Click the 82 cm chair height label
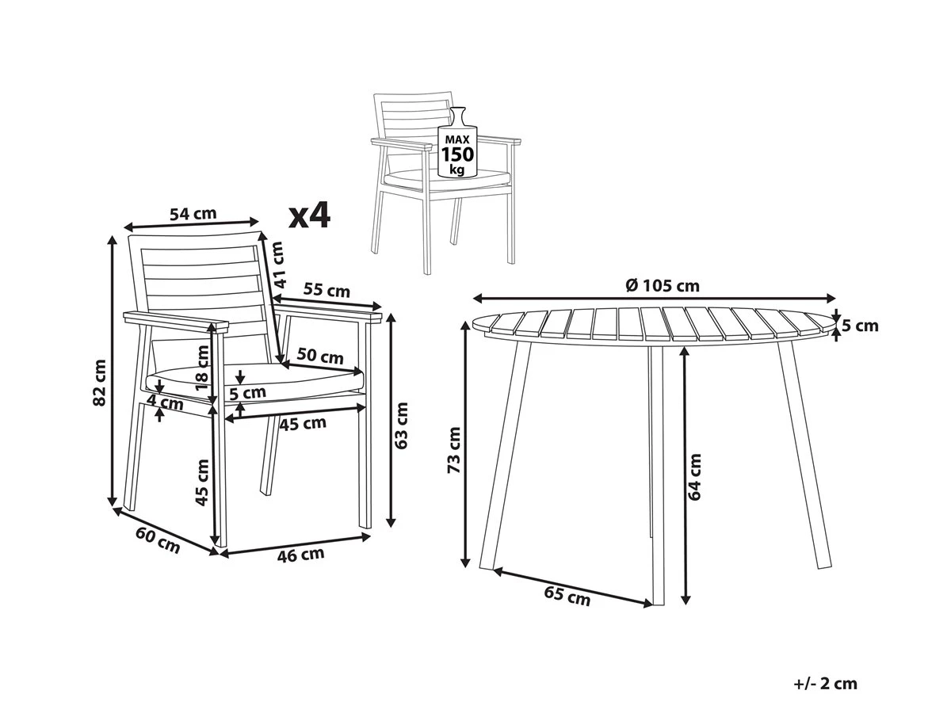[100, 383]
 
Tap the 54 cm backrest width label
[193, 213]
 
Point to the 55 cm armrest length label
[327, 290]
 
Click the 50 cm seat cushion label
[320, 356]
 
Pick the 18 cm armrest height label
[202, 368]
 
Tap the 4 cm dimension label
[165, 403]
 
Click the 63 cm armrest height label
[402, 425]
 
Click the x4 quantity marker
[310, 216]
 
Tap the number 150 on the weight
[457, 154]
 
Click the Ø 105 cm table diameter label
[663, 286]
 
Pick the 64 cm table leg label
[694, 477]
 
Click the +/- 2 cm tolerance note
[825, 672]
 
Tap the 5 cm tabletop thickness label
[860, 326]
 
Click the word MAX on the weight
[458, 139]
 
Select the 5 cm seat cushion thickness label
[247, 393]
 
